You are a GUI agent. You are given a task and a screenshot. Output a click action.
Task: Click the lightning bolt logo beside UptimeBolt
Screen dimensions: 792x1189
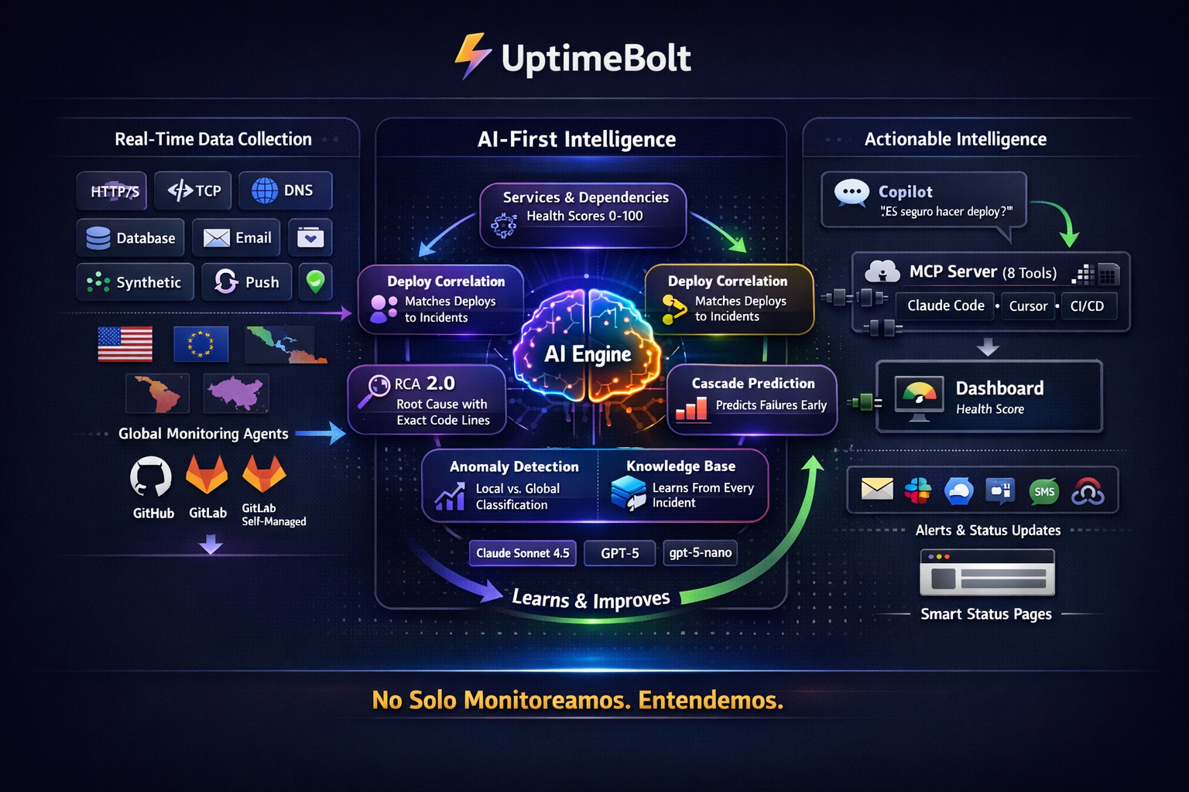pos(472,56)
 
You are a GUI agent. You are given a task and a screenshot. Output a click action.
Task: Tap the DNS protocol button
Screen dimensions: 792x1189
pos(285,190)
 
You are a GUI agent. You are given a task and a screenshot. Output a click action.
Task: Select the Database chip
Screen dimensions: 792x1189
pos(130,237)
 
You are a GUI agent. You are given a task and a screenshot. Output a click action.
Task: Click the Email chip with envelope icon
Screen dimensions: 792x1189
pos(238,237)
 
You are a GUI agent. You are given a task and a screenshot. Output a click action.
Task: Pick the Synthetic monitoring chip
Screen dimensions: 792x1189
pos(134,282)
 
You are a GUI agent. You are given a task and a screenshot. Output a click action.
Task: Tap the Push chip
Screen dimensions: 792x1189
pos(246,282)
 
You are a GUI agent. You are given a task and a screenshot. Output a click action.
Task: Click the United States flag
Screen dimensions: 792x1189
pos(125,344)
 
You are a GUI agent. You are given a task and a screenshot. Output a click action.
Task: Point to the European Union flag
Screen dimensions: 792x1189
pos(200,344)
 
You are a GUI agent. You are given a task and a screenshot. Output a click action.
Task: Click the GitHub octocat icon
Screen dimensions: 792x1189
pos(151,476)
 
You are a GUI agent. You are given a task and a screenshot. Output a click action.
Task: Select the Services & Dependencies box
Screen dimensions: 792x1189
pos(583,214)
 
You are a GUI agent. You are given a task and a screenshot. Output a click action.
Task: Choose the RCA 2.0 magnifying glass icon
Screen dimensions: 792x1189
pos(375,391)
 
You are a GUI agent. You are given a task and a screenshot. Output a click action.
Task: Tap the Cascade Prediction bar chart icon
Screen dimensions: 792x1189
pos(691,408)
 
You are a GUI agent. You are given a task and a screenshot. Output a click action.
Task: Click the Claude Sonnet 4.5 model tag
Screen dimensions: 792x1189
pos(523,553)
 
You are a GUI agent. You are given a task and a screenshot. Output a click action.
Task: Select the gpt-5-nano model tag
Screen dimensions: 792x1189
pos(700,553)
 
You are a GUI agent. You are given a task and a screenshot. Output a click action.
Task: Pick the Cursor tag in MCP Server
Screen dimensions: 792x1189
pos(1028,306)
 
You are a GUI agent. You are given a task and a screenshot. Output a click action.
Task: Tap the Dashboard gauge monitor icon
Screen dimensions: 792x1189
pos(919,396)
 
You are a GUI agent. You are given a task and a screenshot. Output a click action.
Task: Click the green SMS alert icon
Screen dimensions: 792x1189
pos(1044,491)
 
